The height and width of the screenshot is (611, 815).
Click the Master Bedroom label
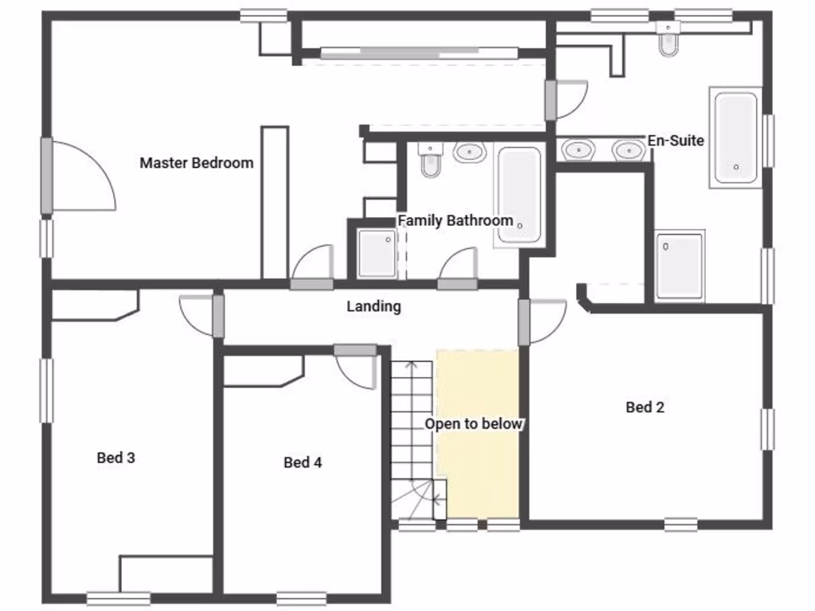tap(197, 163)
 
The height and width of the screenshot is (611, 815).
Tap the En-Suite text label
tap(676, 141)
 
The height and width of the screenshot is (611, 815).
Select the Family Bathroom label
tap(455, 220)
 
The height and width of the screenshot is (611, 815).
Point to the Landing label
tap(373, 306)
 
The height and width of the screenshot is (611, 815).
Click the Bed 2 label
tap(645, 407)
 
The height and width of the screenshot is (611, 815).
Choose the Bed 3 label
tap(115, 457)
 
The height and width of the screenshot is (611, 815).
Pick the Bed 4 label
tap(302, 462)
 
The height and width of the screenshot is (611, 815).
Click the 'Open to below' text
tap(474, 424)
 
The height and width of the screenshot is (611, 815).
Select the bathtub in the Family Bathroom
tap(519, 194)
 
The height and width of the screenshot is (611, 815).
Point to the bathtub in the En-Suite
tap(735, 138)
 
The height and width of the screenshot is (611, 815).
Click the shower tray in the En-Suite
tap(680, 266)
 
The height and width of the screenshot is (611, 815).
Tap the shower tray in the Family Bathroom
tap(376, 254)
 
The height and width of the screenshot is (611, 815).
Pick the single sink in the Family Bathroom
tap(470, 151)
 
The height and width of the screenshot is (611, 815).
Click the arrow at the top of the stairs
tap(411, 368)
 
